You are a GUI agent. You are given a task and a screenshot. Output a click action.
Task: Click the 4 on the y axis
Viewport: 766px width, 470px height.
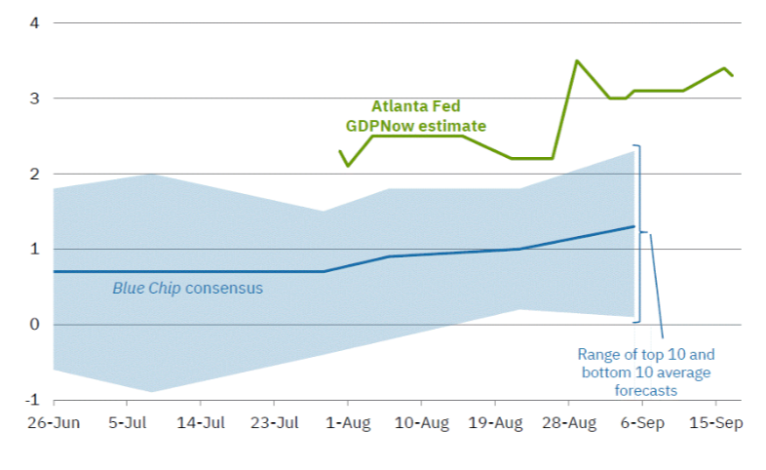pos(34,22)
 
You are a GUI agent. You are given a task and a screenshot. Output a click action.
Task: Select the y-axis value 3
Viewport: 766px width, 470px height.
pos(34,98)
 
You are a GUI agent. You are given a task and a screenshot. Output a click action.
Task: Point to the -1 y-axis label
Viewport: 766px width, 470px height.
pos(32,400)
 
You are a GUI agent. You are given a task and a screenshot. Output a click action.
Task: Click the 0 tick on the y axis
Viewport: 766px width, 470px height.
pos(34,325)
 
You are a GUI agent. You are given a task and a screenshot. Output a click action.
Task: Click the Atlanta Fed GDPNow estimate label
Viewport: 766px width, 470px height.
pos(415,117)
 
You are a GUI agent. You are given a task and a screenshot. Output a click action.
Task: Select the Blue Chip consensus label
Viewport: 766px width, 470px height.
pos(187,289)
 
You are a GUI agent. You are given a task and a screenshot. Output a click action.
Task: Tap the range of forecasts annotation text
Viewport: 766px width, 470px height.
pos(646,372)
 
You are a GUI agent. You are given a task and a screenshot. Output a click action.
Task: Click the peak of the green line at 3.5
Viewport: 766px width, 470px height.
pos(576,60)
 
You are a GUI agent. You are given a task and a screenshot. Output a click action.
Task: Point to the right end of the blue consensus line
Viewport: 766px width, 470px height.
pos(634,226)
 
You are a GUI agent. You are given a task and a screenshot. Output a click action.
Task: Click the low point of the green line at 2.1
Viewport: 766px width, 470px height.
pos(348,166)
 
